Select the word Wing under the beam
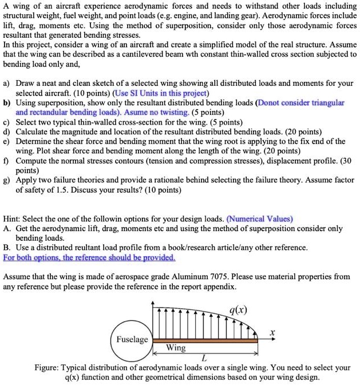pos(176,347)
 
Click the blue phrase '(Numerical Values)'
pos(259,218)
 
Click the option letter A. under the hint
pos(7,228)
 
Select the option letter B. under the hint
pos(7,248)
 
